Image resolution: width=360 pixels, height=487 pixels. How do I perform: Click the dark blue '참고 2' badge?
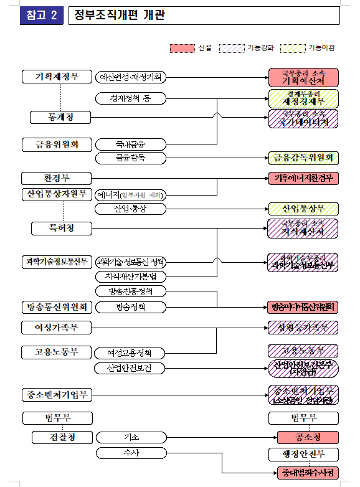coord(42,16)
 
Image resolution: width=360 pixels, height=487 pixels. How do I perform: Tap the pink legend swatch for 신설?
coord(182,48)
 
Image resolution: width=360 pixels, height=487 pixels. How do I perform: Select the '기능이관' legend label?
coord(321,48)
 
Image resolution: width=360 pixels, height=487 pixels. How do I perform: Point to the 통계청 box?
coord(61,116)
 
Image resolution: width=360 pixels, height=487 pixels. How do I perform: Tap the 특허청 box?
coord(61,229)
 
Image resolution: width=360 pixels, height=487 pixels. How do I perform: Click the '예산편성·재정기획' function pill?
coord(131,77)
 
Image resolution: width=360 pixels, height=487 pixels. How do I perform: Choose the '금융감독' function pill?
coord(131,158)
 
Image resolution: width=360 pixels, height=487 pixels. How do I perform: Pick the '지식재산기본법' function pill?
coord(131,276)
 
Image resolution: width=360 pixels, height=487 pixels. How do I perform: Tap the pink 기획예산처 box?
coord(303,77)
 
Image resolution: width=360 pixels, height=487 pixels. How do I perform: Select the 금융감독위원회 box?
coord(303,158)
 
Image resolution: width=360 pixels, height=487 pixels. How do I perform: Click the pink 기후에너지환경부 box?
coord(303,178)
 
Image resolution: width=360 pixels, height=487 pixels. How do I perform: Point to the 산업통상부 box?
coord(303,209)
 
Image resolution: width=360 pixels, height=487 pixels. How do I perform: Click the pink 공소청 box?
coord(303,437)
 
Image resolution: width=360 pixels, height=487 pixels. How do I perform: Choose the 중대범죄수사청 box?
coord(308,473)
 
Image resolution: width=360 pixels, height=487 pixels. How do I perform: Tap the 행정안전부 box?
coord(303,453)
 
